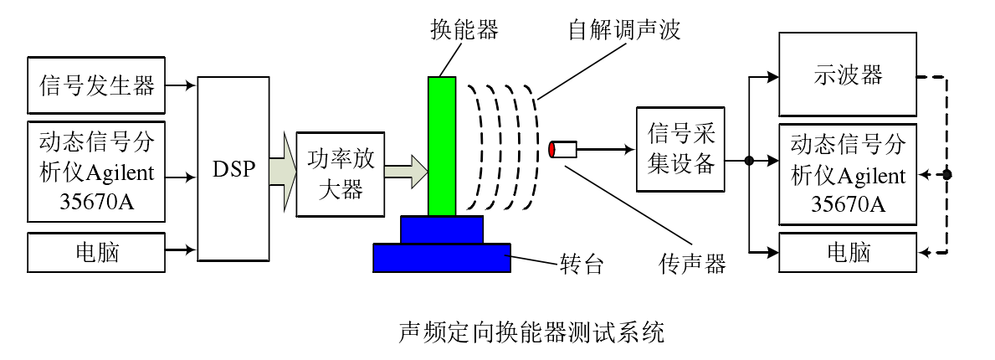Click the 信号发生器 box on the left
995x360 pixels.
(x=97, y=85)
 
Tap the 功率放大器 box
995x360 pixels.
(x=341, y=175)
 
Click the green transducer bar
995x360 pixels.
(x=442, y=146)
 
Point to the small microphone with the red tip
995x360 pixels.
(x=562, y=150)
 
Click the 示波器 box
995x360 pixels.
(x=848, y=75)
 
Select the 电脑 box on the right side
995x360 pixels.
(x=848, y=252)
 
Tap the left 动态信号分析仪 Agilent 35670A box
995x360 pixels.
(x=97, y=172)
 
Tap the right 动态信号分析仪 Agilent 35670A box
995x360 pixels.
(x=848, y=174)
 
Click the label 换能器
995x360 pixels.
(x=464, y=31)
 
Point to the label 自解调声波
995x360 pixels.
(x=624, y=31)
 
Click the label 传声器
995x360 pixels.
(x=692, y=265)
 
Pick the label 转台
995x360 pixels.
(x=581, y=265)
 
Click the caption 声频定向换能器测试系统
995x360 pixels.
(x=531, y=332)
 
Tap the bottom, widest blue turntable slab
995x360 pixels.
(x=442, y=257)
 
